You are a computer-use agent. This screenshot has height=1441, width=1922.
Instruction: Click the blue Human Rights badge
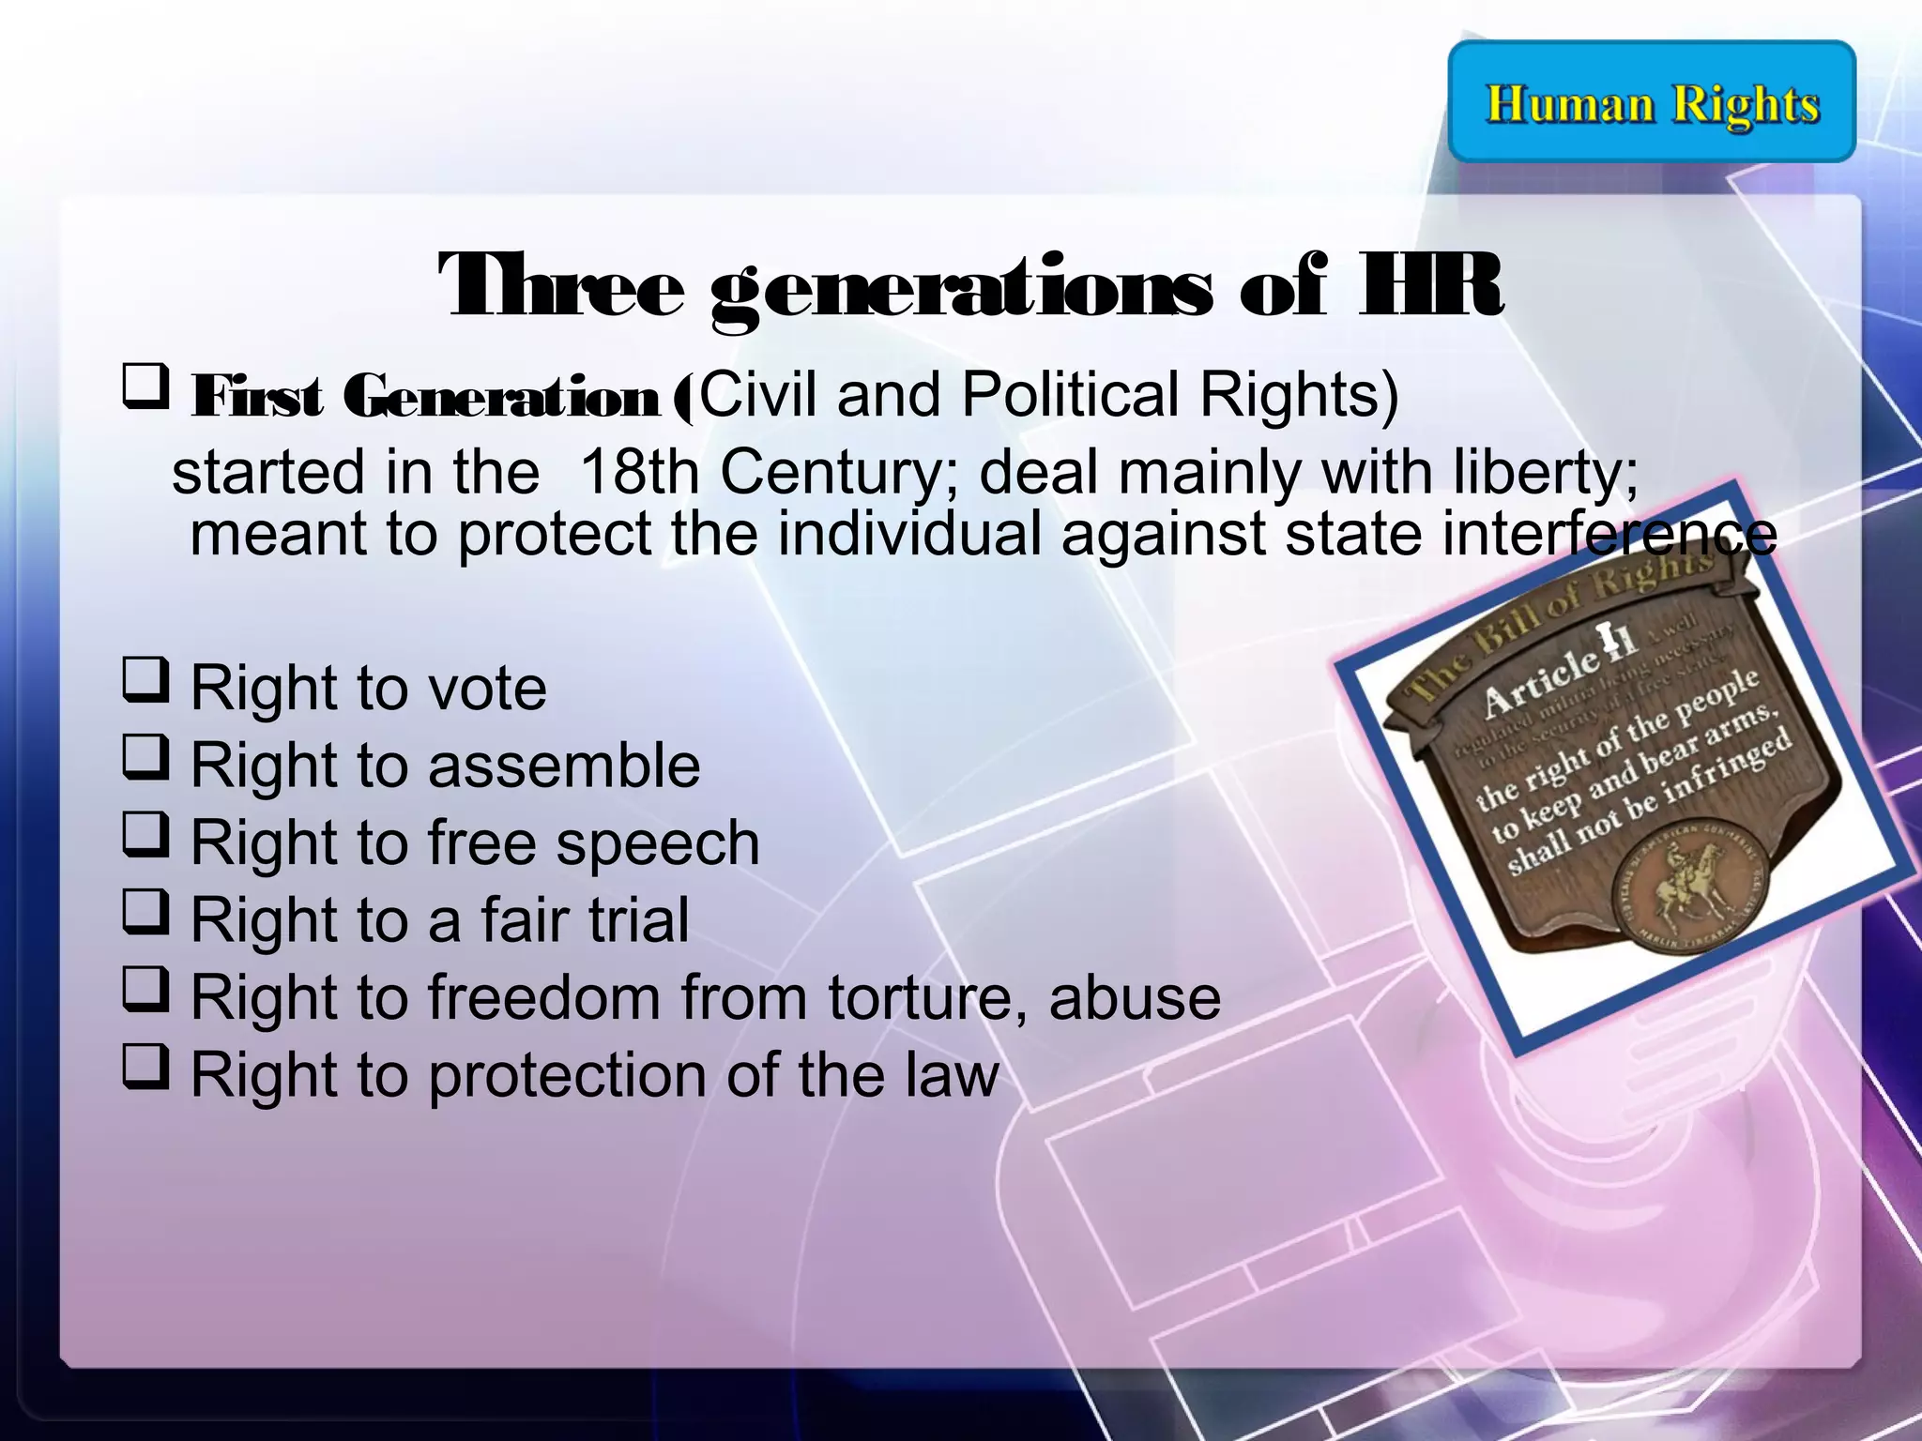(x=1652, y=101)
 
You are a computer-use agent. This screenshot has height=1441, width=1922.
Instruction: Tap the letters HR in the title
(x=1430, y=285)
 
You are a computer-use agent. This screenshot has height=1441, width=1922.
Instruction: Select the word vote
(x=487, y=689)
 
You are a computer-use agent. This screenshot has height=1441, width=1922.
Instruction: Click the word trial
(x=637, y=919)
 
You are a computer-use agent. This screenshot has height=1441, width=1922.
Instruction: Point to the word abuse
(x=1135, y=996)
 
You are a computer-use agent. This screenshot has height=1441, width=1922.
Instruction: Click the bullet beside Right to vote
(x=145, y=681)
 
